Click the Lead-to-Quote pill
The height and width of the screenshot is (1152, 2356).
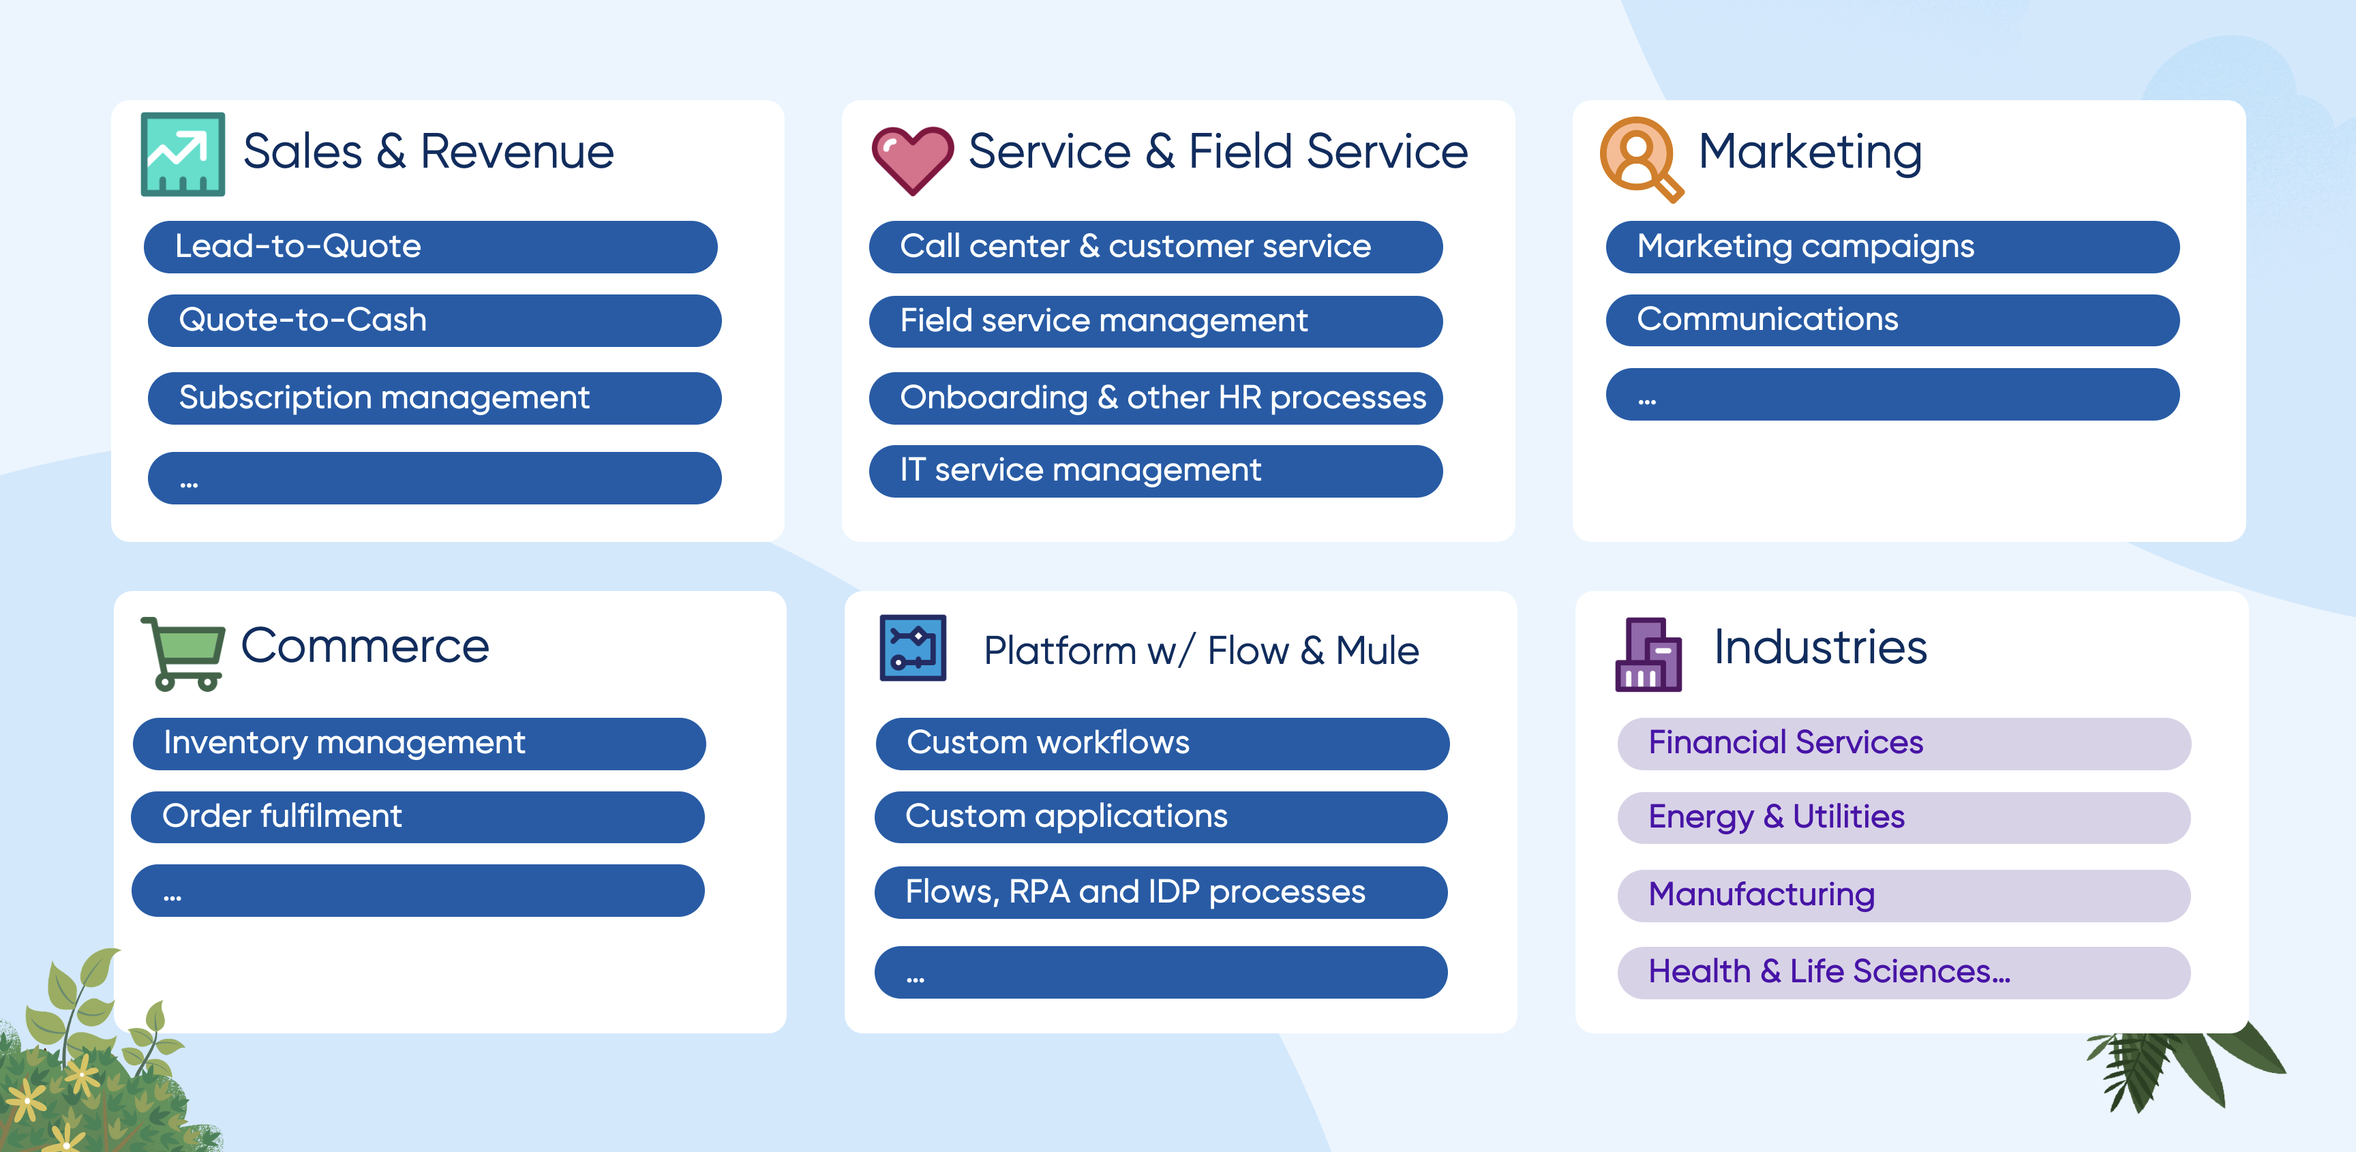[430, 247]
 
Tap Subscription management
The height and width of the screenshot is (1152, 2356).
[434, 397]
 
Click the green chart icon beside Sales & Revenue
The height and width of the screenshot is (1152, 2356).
[183, 153]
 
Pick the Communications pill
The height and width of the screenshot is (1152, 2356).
[1892, 320]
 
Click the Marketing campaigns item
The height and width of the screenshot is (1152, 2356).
[1892, 247]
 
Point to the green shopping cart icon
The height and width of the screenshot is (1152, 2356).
[183, 653]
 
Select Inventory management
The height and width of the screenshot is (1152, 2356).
[419, 743]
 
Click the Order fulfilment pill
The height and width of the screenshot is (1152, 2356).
[418, 817]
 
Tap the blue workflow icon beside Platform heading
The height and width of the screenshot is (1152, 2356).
[913, 648]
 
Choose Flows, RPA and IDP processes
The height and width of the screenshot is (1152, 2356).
[1161, 892]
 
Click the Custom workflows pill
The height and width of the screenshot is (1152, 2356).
[1162, 743]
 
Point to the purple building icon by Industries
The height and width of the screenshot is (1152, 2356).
[1648, 654]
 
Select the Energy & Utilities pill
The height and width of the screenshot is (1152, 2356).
[1904, 817]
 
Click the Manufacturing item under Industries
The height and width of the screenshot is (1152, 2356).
[1904, 895]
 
